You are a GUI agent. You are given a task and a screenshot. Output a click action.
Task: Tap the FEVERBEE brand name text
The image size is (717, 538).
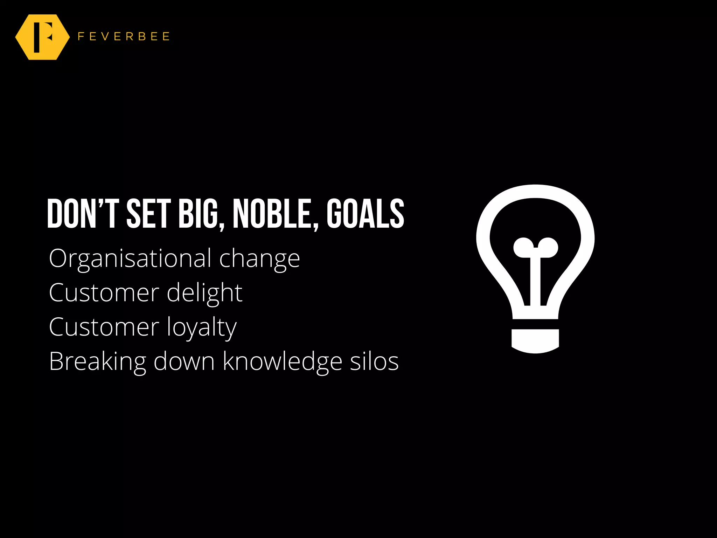pos(124,36)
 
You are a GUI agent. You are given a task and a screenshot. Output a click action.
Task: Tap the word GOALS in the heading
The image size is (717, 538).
pos(365,214)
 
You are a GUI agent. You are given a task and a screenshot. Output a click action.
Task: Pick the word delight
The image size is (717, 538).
pos(204,293)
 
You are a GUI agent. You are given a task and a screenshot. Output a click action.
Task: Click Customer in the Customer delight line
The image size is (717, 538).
pos(104,293)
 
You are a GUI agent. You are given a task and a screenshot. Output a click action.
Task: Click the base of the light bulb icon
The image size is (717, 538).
pos(535,341)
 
